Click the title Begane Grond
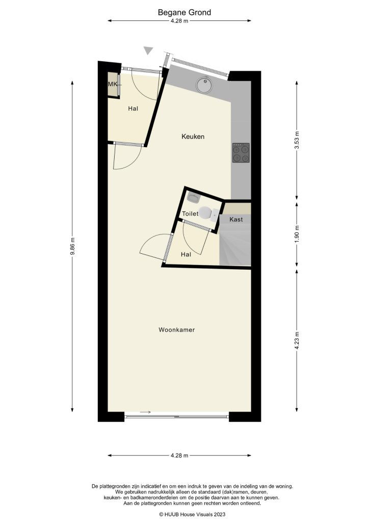pyautogui.click(x=184, y=12)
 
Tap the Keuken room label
pyautogui.click(x=193, y=136)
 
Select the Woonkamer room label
pyautogui.click(x=176, y=330)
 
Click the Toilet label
pyautogui.click(x=190, y=214)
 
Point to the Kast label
pyautogui.click(x=236, y=220)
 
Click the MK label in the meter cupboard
pyautogui.click(x=112, y=84)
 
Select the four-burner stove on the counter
pyautogui.click(x=242, y=153)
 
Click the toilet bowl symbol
pyautogui.click(x=206, y=213)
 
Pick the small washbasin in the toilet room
pyautogui.click(x=194, y=196)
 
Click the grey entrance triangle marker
pyautogui.click(x=148, y=50)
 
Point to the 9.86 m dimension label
pyautogui.click(x=73, y=246)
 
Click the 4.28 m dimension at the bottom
pyautogui.click(x=179, y=455)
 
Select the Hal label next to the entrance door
pyautogui.click(x=133, y=109)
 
